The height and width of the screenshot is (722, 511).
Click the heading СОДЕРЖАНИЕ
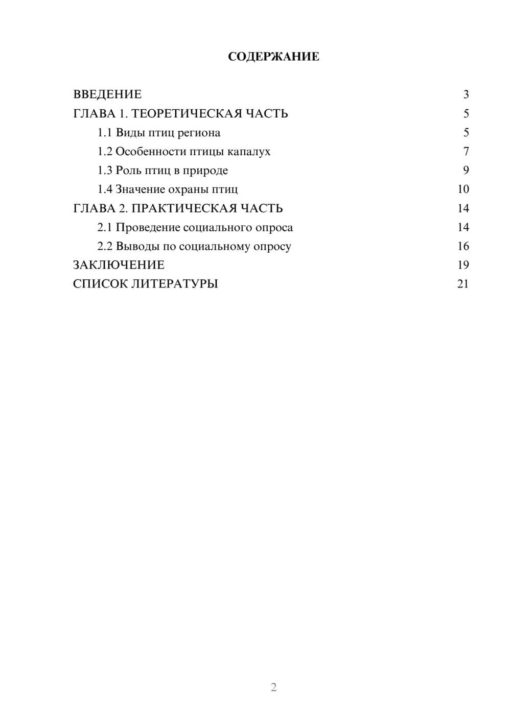pyautogui.click(x=273, y=57)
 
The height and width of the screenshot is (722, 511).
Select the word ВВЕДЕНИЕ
pyautogui.click(x=107, y=94)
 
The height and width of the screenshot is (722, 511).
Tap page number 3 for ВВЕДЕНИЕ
pyautogui.click(x=466, y=94)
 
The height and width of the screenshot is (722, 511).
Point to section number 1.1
pyautogui.click(x=104, y=133)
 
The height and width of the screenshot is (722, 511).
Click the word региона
pyautogui.click(x=199, y=133)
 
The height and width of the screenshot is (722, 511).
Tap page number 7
pyautogui.click(x=466, y=152)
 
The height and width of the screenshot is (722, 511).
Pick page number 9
pyautogui.click(x=466, y=171)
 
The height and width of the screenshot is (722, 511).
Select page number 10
pyautogui.click(x=463, y=189)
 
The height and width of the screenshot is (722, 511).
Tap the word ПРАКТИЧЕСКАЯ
pyautogui.click(x=184, y=208)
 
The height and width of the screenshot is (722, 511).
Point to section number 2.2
pyautogui.click(x=104, y=246)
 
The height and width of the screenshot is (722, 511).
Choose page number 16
pyautogui.click(x=463, y=246)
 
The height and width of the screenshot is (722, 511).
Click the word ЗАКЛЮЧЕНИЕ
pyautogui.click(x=119, y=265)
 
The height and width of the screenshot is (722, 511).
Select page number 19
pyautogui.click(x=463, y=265)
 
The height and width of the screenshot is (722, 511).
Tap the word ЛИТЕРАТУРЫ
pyautogui.click(x=175, y=284)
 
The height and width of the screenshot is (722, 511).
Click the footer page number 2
pyautogui.click(x=273, y=687)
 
